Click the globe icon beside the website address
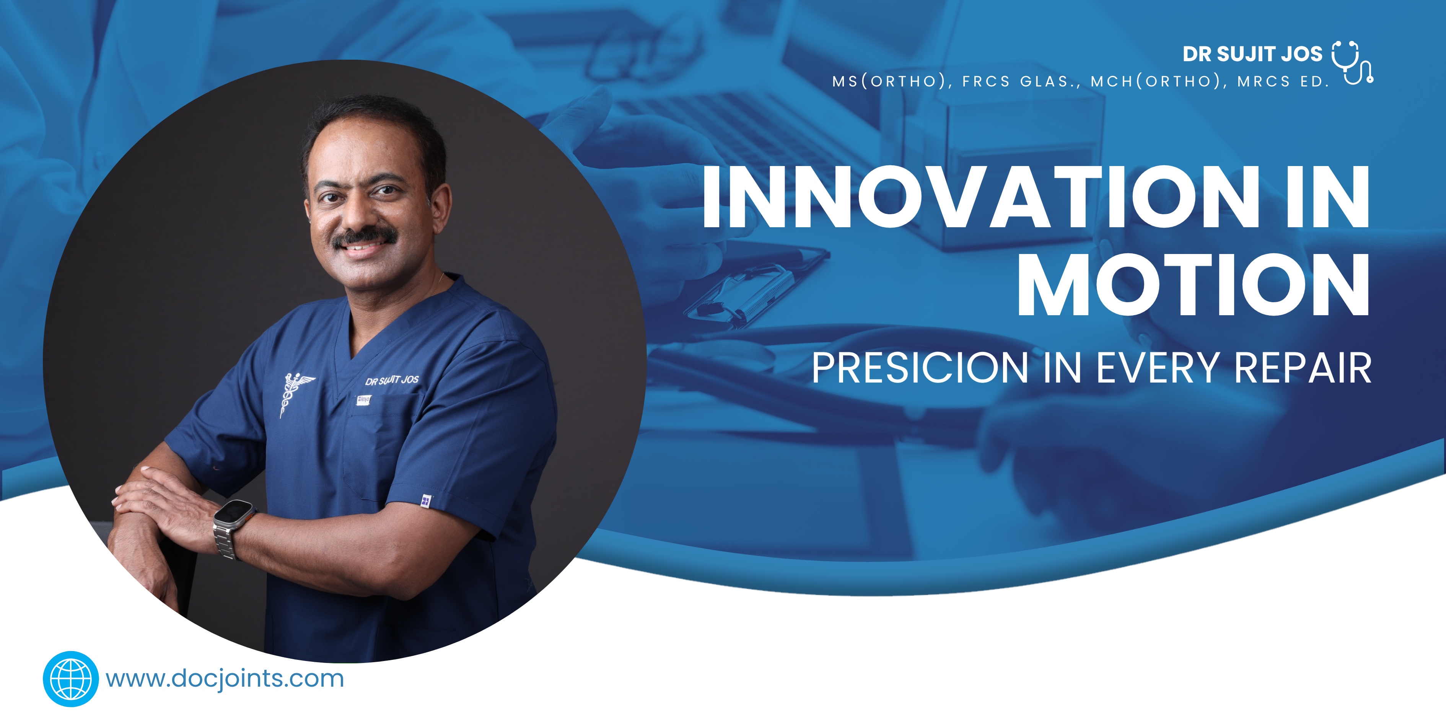point(71,679)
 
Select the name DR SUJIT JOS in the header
point(1252,54)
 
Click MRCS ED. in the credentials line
point(1283,82)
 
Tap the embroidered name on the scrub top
point(392,381)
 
